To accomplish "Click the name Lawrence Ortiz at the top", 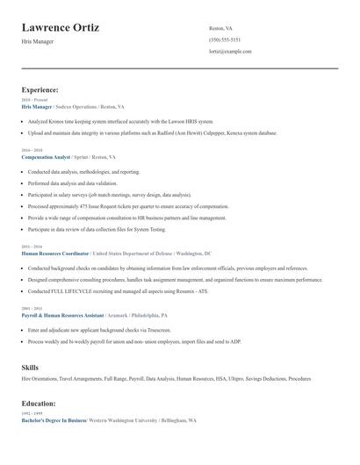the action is pyautogui.click(x=60, y=28).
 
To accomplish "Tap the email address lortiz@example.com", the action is pyautogui.click(x=230, y=51).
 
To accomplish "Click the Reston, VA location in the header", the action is pyautogui.click(x=221, y=28).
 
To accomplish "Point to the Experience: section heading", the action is pyautogui.click(x=40, y=89).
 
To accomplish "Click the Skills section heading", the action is pyautogui.click(x=30, y=366).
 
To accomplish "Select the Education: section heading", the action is pyautogui.click(x=38, y=403).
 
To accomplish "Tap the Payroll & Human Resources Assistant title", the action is pyautogui.click(x=62, y=314).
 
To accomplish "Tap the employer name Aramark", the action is pyautogui.click(x=117, y=314).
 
